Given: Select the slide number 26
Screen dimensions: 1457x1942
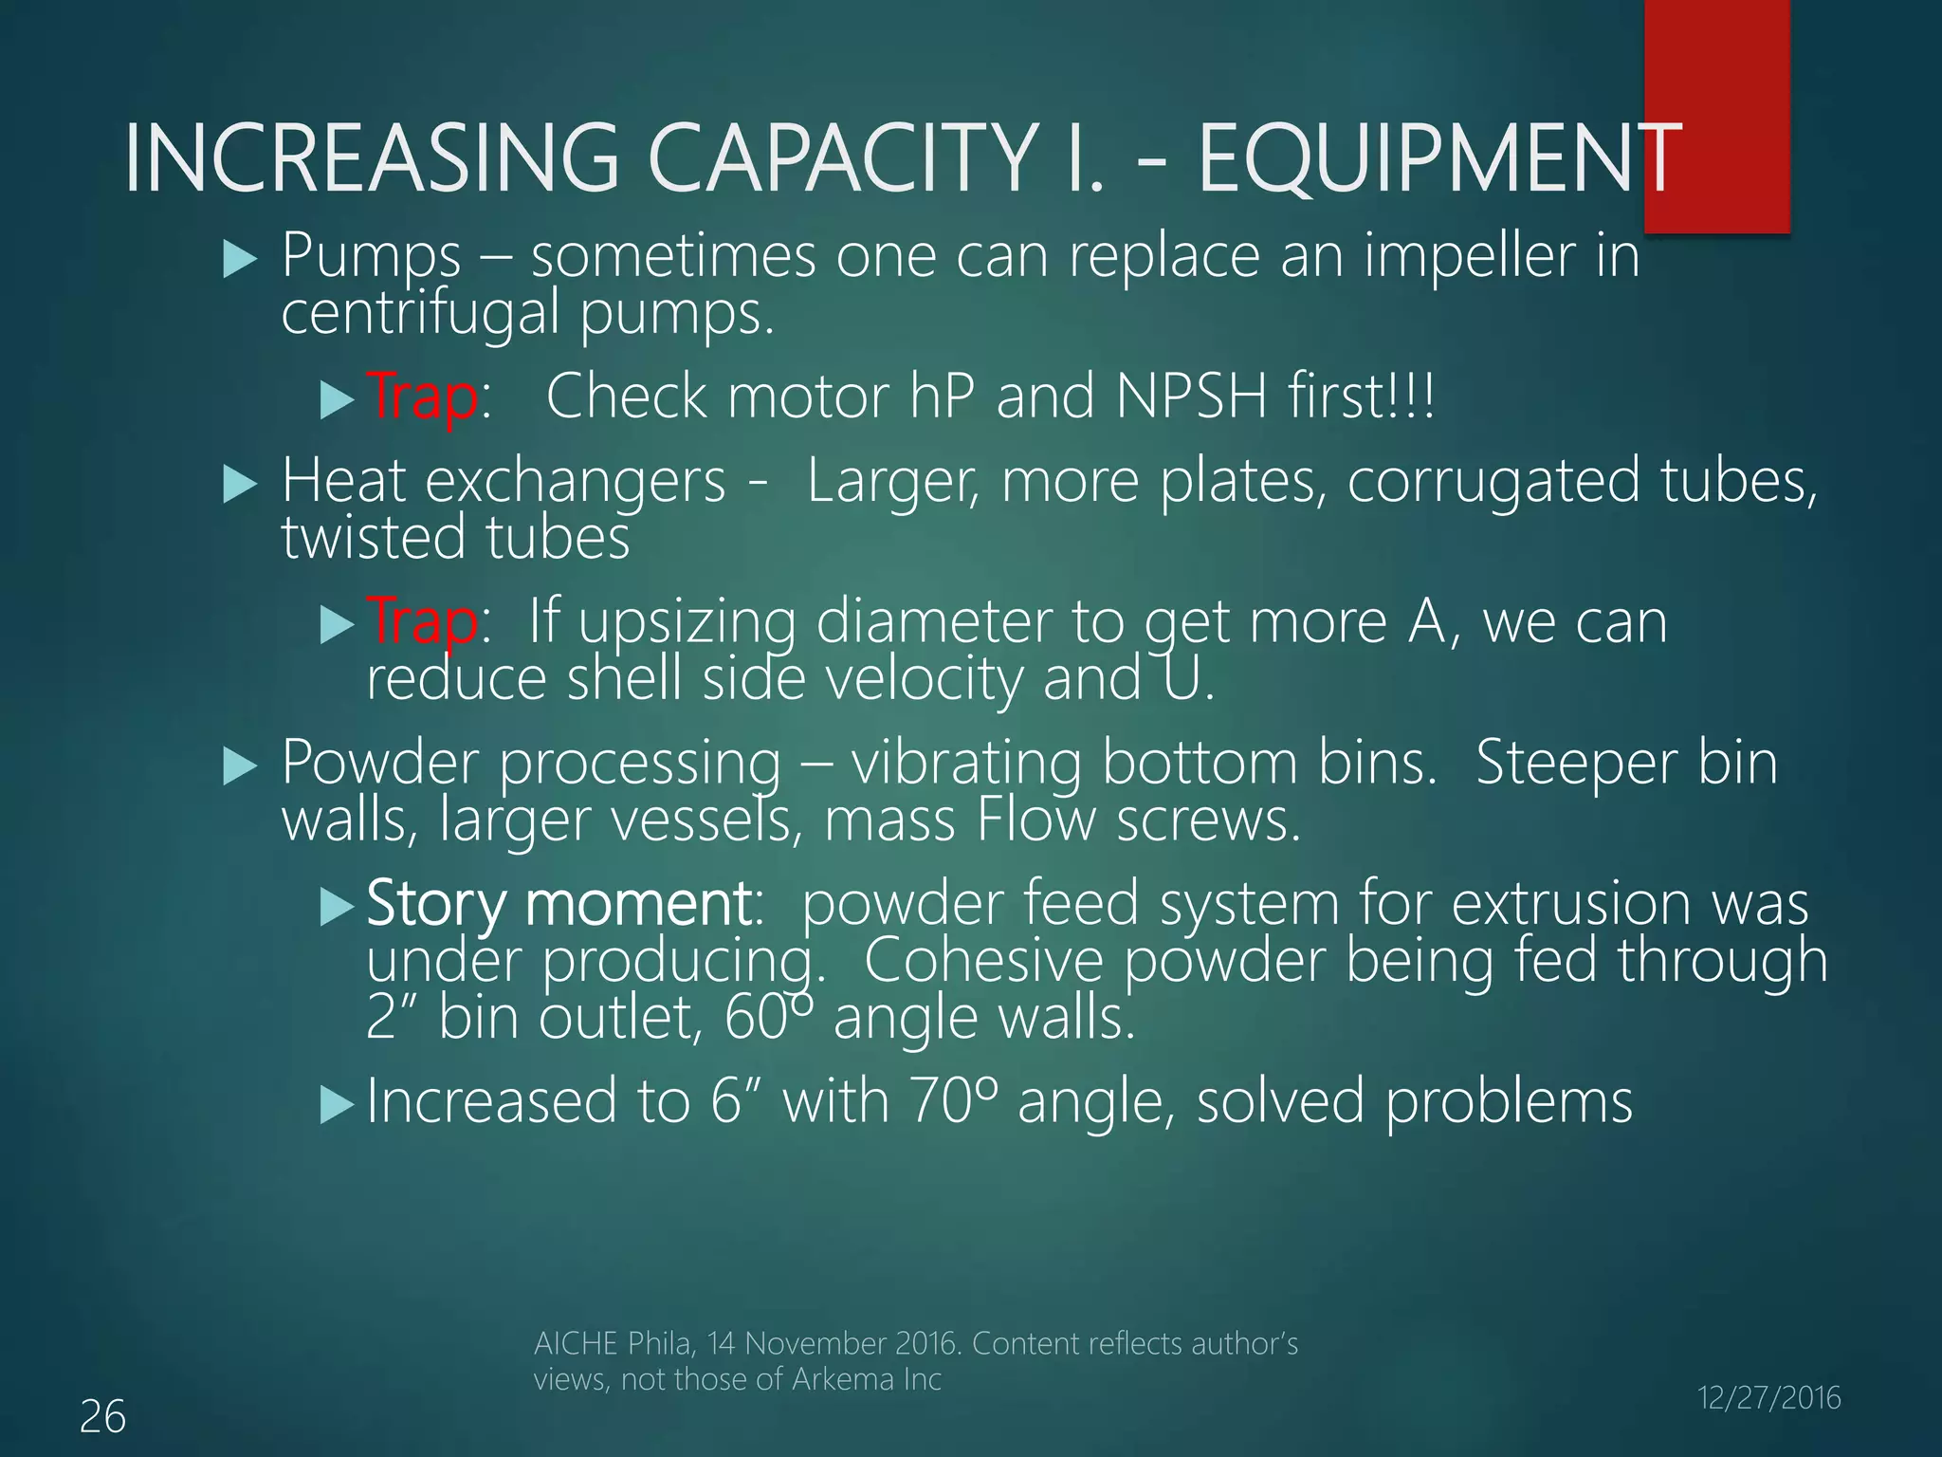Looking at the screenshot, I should tap(102, 1417).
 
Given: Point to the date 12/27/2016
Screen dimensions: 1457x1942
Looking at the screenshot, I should tap(1768, 1398).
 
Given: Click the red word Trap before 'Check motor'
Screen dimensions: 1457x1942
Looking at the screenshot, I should tap(422, 397).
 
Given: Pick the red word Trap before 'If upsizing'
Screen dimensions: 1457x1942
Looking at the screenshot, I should tap(422, 622).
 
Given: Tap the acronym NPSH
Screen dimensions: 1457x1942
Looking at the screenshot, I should tap(1192, 397).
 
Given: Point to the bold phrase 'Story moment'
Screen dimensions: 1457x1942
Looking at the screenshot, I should tap(559, 903).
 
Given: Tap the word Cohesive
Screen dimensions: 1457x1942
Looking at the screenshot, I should tap(983, 960).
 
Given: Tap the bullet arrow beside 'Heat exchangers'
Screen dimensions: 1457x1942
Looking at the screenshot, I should tap(240, 485).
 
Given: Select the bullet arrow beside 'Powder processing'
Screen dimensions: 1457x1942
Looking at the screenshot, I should tap(240, 766).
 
